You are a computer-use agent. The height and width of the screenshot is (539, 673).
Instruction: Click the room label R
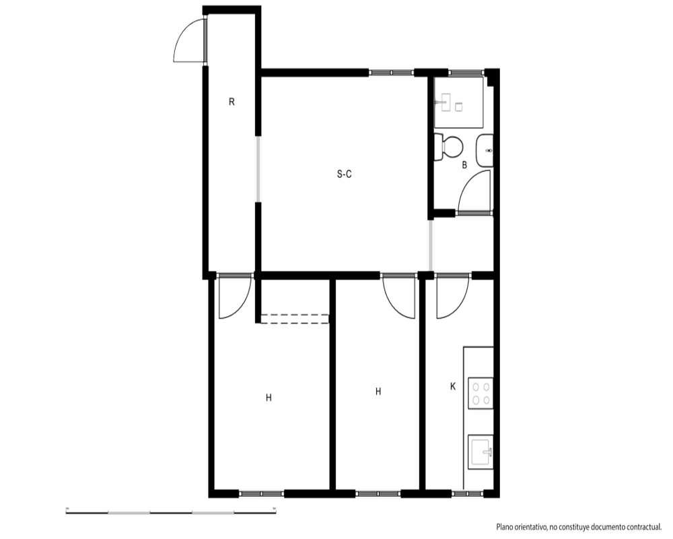[x=232, y=102]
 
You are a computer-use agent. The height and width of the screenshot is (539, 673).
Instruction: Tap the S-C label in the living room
[x=344, y=174]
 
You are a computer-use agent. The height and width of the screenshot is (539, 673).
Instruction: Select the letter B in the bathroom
[x=464, y=164]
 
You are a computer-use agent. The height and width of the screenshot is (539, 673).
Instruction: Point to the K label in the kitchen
[x=453, y=387]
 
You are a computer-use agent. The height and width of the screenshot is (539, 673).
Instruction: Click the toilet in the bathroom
[x=448, y=147]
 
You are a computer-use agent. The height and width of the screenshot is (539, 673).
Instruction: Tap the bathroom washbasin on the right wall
[x=485, y=150]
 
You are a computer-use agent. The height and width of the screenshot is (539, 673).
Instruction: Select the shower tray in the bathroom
[x=459, y=102]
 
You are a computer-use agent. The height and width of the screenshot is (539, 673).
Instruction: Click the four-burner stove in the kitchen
[x=481, y=393]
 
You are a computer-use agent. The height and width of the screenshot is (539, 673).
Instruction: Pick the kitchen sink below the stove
[x=481, y=452]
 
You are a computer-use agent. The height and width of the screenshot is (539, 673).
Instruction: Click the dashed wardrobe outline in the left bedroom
[x=295, y=319]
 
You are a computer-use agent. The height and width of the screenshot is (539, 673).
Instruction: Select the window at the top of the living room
[x=392, y=73]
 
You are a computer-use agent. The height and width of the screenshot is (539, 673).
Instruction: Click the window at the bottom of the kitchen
[x=468, y=493]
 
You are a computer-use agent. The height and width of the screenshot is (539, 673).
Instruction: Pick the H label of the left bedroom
[x=269, y=398]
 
